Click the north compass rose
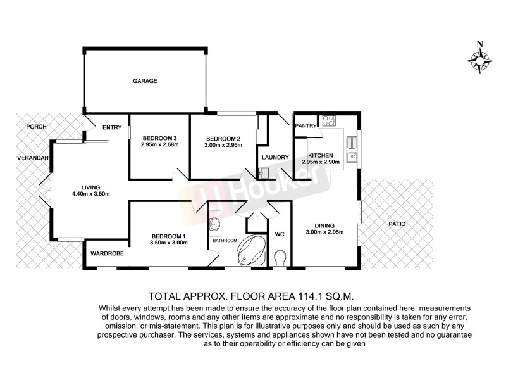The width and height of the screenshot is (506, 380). coord(480,61)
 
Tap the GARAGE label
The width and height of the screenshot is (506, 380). coord(144,81)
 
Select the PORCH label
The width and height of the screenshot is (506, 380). coord(37,127)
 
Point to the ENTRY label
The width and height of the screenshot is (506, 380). coord(111,128)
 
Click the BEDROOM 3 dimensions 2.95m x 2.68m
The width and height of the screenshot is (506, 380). coord(160,144)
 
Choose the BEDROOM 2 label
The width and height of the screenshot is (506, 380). coord(223,138)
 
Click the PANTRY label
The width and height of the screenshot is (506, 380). coord(305,126)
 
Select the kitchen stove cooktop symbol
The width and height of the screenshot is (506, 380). coord(328,120)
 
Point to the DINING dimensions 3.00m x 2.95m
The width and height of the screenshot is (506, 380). coord(324,232)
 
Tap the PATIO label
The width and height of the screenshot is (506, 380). coord(398,224)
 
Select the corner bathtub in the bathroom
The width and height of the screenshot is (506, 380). coord(252,252)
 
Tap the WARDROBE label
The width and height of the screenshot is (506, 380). coord(107,253)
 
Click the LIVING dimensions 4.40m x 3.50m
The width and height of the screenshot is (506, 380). coord(91,194)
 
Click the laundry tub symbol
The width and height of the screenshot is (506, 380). coord(262,172)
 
